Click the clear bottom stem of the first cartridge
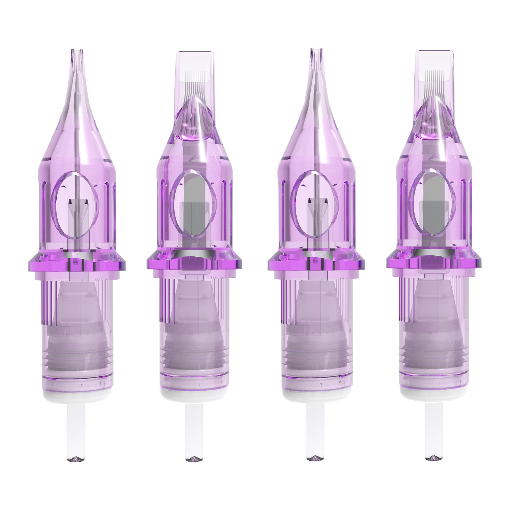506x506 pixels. pyautogui.click(x=76, y=432)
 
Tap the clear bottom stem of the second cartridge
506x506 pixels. pyautogui.click(x=194, y=432)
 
